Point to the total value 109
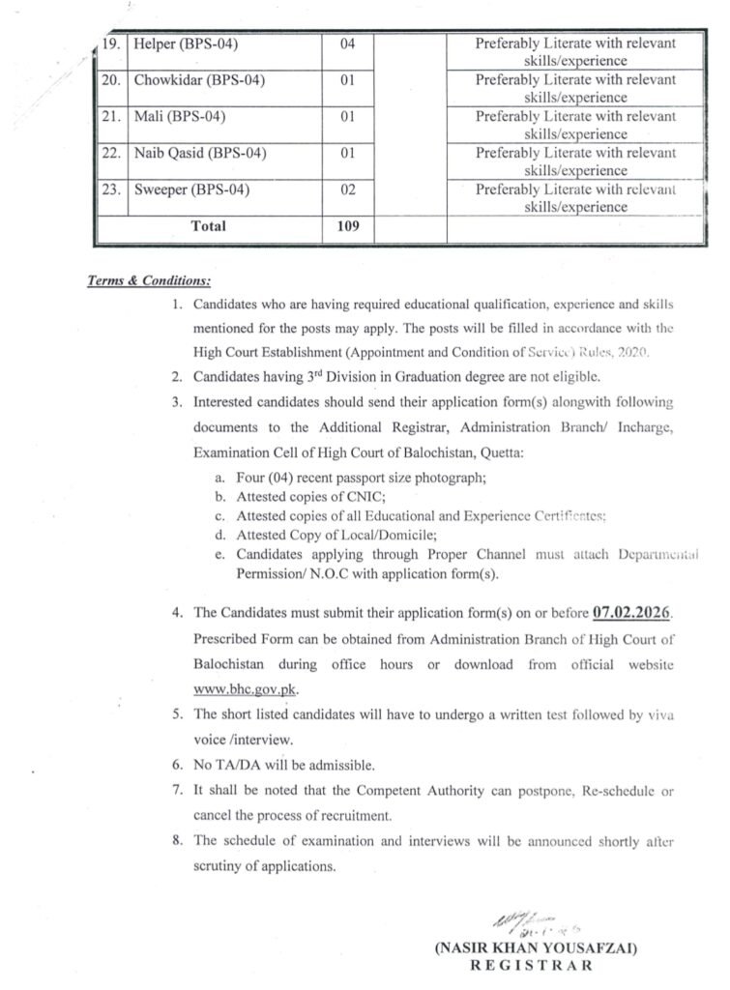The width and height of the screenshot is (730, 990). click(349, 226)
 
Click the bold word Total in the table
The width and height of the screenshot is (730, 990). click(209, 226)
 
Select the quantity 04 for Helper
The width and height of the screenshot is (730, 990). click(349, 44)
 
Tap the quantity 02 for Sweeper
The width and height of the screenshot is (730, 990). click(349, 189)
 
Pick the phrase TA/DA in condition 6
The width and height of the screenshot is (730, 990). click(233, 765)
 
